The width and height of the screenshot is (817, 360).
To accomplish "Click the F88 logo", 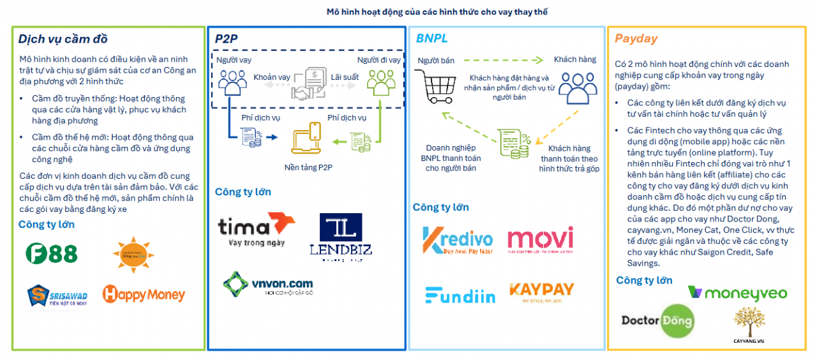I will [x=52, y=253].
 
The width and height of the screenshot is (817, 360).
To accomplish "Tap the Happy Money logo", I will [x=144, y=294].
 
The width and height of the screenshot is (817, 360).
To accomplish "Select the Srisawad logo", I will [x=57, y=295].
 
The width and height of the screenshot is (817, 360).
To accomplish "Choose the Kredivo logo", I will [x=458, y=241].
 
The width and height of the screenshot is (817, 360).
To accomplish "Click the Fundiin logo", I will [x=460, y=296].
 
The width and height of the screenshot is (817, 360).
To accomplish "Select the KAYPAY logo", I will [x=541, y=292].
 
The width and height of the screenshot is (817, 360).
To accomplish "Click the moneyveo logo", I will [x=737, y=293].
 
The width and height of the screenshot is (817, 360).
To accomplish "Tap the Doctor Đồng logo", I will [x=657, y=320].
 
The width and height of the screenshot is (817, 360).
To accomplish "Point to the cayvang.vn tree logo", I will [x=749, y=323].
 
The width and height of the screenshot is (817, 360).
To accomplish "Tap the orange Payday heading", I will [x=636, y=38].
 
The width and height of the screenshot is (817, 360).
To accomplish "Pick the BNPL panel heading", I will [x=432, y=38].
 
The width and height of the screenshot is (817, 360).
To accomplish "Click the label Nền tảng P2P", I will [x=309, y=167].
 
